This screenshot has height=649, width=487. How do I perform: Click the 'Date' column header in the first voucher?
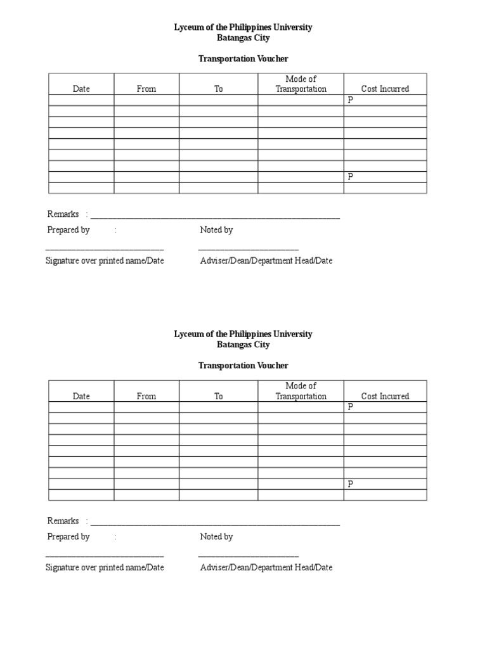tap(81, 89)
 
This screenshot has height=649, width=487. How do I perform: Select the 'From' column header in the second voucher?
tap(146, 396)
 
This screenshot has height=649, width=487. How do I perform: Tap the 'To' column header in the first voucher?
tap(218, 89)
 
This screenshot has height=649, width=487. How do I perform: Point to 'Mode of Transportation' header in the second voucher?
tap(301, 391)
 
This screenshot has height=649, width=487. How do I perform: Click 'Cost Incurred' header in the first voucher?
tap(385, 89)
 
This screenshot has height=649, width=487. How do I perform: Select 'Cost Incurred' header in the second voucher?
tap(385, 396)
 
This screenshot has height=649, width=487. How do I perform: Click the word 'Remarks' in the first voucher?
tap(63, 214)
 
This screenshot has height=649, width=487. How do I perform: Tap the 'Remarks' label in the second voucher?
tap(63, 521)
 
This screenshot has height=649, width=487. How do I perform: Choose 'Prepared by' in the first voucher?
tap(68, 230)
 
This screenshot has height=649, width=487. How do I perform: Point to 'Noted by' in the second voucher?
tap(216, 537)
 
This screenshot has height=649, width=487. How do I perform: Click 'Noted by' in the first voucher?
tap(216, 230)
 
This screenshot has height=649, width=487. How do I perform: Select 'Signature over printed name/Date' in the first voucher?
tap(105, 260)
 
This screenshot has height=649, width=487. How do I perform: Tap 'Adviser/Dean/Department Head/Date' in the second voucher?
tap(266, 567)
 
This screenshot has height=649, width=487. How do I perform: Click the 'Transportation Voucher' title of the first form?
tap(243, 59)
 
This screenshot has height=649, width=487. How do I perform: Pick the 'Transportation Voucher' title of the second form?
tap(243, 366)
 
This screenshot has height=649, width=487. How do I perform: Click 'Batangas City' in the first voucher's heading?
tap(243, 38)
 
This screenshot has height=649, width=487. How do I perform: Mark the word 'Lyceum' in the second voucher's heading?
tap(188, 334)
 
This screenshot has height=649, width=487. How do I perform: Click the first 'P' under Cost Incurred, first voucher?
tap(349, 100)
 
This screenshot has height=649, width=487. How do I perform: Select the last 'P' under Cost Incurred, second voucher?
tap(349, 484)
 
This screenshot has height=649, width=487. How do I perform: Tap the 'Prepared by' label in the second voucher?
tap(68, 537)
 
